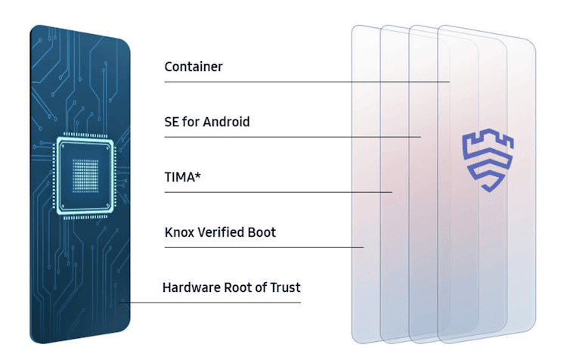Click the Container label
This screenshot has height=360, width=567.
pos(194,67)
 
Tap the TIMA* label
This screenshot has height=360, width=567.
pos(183,177)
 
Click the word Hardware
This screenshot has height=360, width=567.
pos(192,287)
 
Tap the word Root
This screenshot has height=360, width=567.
pos(238,287)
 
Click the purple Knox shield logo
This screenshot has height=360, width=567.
pos(488,160)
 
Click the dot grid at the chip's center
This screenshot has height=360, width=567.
pos(85,175)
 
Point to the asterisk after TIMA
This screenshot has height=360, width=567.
pos(197,175)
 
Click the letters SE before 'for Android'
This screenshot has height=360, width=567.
pos(172,122)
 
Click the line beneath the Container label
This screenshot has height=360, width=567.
pos(307,82)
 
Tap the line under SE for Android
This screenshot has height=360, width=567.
pos(293,137)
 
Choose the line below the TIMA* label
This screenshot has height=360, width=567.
pos(278,192)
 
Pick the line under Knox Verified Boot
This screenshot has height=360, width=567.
pos(264,247)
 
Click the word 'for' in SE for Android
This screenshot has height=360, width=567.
pos(191,122)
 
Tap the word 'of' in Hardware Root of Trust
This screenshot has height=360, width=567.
pos(261,287)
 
